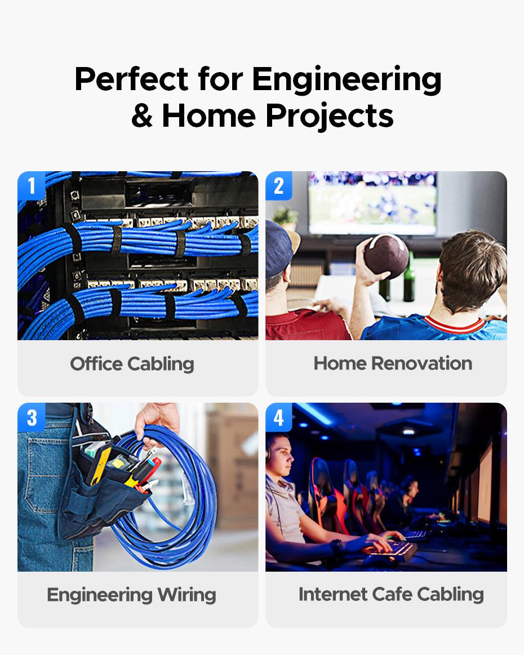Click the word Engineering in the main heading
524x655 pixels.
point(347,80)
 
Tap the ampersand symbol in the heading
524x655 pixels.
point(142,115)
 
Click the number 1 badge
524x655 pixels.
point(32,185)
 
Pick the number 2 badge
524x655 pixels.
point(279,185)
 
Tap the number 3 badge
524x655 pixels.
point(32,417)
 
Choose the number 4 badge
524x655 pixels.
point(279,417)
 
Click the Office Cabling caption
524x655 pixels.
point(132,364)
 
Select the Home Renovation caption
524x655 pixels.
point(393,363)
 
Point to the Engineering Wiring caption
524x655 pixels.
point(131,595)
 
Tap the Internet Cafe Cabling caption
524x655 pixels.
point(391,594)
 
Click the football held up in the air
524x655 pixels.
point(386,256)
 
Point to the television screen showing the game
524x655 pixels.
point(372,203)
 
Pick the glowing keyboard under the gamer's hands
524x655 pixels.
point(390,549)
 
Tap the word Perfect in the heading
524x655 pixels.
point(131,79)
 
